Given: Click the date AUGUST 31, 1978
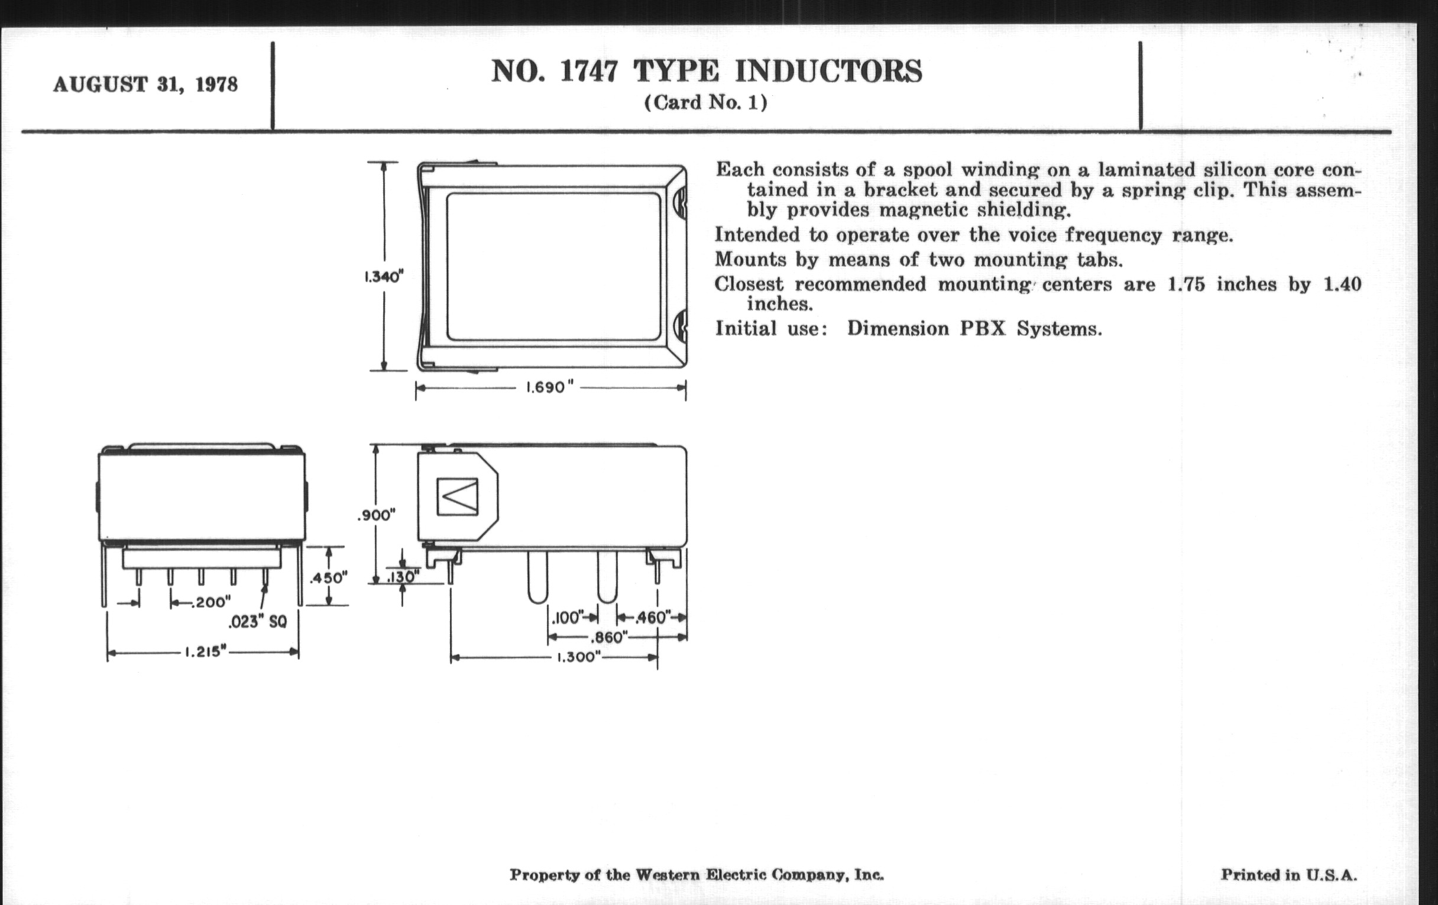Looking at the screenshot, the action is pos(145,85).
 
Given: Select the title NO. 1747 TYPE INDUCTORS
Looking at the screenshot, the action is pos(707,71).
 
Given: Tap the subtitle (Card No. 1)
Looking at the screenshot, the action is pos(705,103).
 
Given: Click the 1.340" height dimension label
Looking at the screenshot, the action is pos(384,277).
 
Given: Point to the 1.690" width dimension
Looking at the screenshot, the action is pos(549,387).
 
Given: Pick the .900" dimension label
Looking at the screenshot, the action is pos(377,515).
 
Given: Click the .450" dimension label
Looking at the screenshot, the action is pos(328,578).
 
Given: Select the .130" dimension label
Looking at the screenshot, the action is pos(403,577).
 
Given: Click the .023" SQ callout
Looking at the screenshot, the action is pos(257,622).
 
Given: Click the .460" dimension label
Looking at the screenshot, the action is pos(653,618).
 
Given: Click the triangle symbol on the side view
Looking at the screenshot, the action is pos(458,496).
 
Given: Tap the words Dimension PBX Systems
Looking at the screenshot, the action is pos(974,328).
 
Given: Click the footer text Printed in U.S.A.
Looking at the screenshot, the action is pos(1289,875).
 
